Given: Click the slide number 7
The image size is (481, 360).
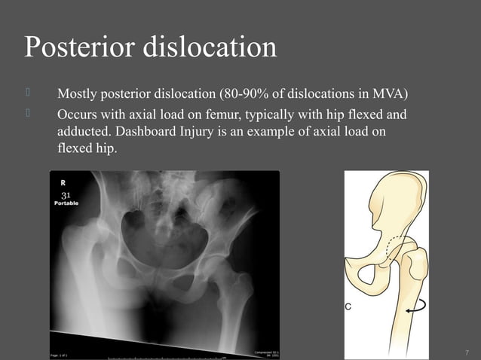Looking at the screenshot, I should [467, 352].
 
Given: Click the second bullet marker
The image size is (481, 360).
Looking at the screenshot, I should [28, 115].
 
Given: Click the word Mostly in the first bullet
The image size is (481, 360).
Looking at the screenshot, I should [78, 96].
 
